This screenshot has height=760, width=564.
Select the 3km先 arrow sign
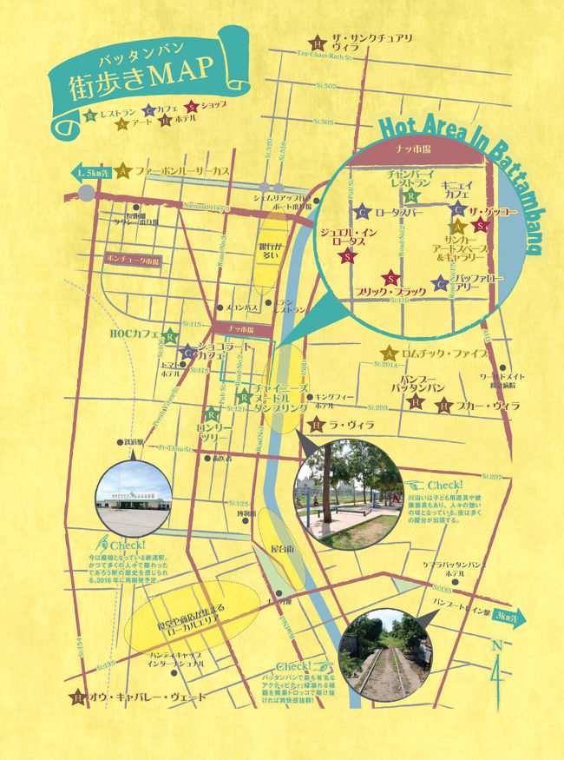[505, 617]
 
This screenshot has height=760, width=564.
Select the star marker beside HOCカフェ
[171, 336]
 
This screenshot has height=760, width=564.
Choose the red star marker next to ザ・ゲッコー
[481, 226]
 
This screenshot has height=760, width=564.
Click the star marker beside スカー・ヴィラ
[443, 405]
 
